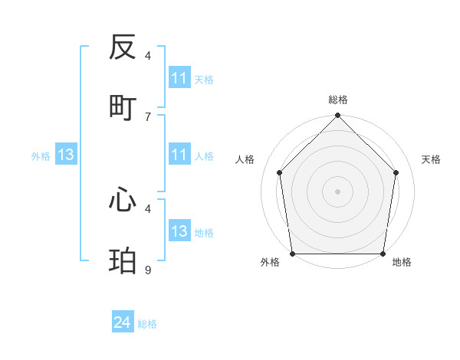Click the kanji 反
123,48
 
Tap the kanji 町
123,107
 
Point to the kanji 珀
123,260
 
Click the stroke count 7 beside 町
148,116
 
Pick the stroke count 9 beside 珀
148,270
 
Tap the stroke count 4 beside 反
148,55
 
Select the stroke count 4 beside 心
148,208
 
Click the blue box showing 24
123,323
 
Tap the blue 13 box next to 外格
66,155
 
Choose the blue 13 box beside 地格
179,231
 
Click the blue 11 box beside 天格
179,78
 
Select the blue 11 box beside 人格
179,155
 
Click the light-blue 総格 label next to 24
148,324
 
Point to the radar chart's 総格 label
338,100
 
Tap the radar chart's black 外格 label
270,262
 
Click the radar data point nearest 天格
396,172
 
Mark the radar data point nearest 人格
279,172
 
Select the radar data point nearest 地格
383,254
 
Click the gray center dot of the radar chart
338,191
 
